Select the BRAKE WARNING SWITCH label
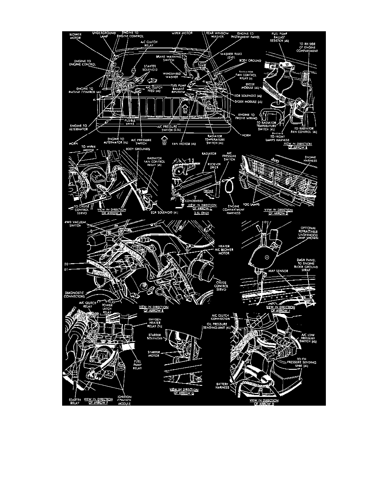pos(169,58)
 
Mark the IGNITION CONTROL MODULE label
pos(124,400)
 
